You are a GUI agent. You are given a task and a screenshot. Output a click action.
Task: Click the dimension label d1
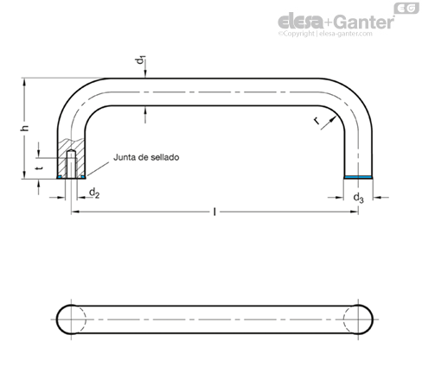click(140, 60)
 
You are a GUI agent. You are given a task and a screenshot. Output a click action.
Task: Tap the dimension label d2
click(94, 193)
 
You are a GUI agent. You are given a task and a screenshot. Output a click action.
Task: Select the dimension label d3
click(358, 198)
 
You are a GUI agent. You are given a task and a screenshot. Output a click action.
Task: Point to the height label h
click(25, 128)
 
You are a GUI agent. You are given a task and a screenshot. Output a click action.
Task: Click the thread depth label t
click(40, 168)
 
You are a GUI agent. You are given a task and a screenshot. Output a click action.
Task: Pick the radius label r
click(316, 121)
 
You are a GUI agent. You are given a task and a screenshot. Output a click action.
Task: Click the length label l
click(214, 212)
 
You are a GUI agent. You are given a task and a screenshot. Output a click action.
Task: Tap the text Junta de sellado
click(146, 157)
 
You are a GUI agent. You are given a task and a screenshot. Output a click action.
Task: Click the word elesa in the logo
click(301, 22)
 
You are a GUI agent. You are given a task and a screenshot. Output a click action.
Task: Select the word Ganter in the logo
click(365, 22)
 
